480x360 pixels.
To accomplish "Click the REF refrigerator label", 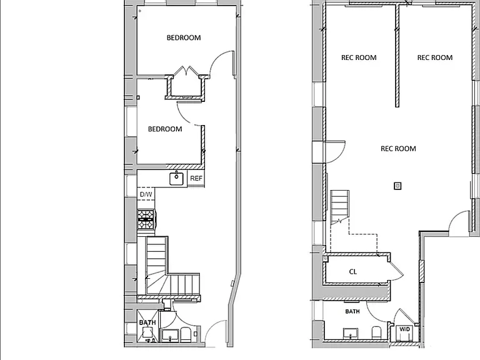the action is pos(196,178).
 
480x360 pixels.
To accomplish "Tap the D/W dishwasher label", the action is pos(146,194).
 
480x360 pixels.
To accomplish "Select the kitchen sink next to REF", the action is pos(177,179).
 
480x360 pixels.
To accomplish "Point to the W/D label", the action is pos(405,329).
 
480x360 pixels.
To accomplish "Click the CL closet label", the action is pos(352,272).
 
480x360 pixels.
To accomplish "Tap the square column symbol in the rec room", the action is pos(397,186).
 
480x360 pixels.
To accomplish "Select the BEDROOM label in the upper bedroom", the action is pos(184,37).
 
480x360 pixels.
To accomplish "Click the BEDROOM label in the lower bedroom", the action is pos(165,129).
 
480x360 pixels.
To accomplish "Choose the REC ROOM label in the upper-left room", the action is pos(359,57).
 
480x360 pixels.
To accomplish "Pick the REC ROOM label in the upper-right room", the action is pos(435,57).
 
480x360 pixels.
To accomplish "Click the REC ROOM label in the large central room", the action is pos(398,149).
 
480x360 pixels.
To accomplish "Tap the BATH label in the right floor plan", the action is pos(352,311).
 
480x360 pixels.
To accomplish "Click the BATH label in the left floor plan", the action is pos(147,322).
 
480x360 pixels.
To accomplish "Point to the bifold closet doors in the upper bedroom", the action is pos(186,71).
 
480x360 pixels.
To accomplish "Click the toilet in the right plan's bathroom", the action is pos(376,332).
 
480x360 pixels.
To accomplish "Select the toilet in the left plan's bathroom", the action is pos(185,334).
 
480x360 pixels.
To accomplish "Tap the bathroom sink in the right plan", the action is pos(351,333).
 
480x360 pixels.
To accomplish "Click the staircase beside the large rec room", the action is pos(339,207).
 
